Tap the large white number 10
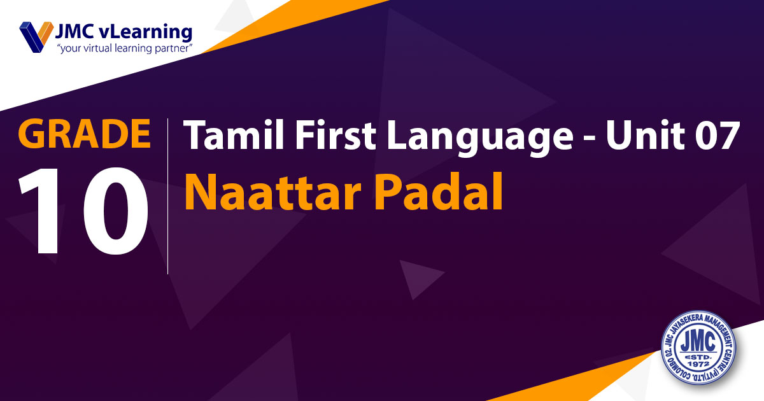83,211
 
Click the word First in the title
336,135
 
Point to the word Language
480,138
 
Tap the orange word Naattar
273,192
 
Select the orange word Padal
439,192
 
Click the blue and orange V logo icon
36,37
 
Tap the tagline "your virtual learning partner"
125,48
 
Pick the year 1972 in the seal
699,364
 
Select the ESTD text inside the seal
698,356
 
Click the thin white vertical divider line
167,196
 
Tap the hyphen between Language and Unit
590,139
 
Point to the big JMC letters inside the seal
698,342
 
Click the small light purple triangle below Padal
420,278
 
